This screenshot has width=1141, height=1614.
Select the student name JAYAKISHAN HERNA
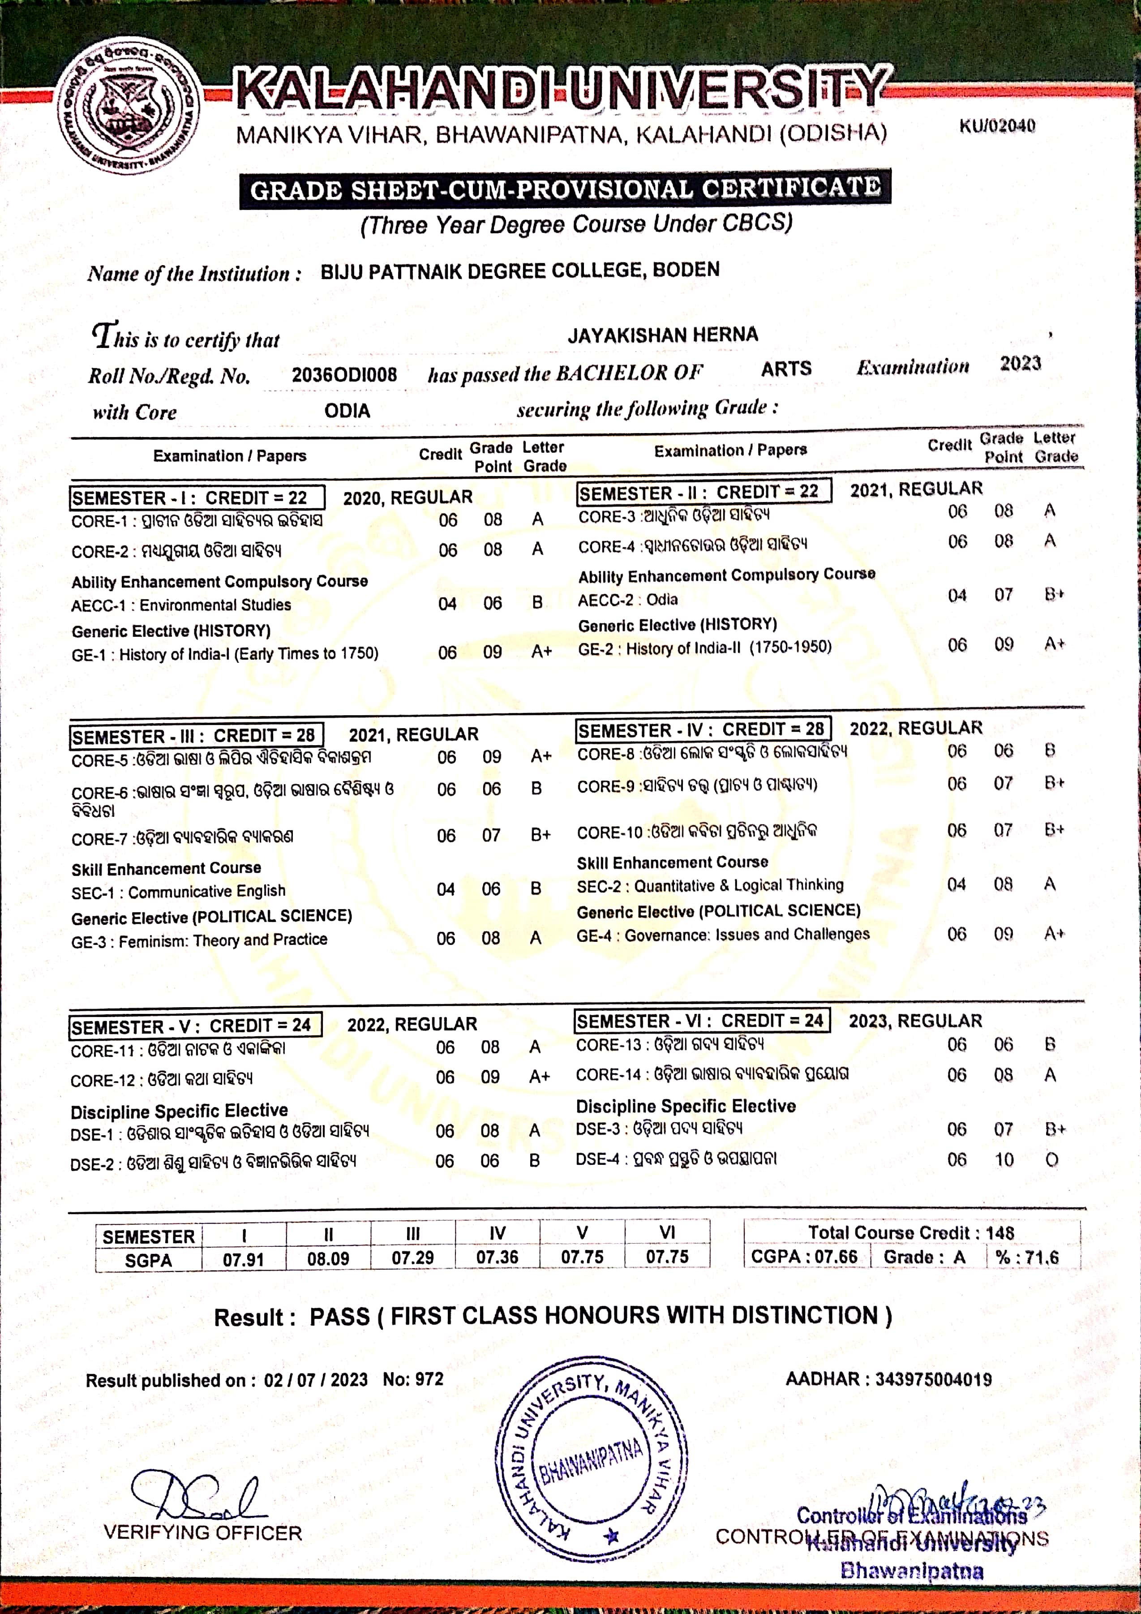(662, 335)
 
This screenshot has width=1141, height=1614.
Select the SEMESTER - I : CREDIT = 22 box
(197, 498)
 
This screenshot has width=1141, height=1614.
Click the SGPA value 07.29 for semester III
(413, 1258)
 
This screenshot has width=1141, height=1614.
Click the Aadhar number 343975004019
(933, 1379)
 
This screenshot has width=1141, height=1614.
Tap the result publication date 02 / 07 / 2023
(316, 1380)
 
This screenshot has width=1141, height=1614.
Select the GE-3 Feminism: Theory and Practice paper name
(199, 940)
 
